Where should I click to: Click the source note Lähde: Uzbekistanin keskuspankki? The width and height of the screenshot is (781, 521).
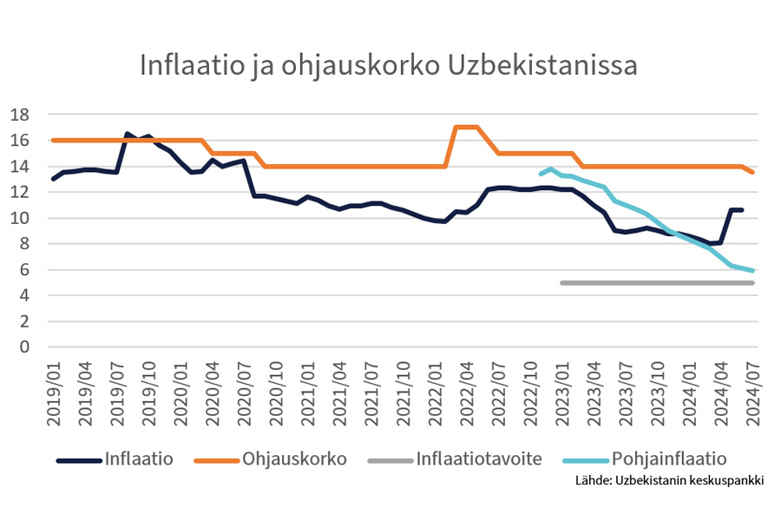pyautogui.click(x=669, y=480)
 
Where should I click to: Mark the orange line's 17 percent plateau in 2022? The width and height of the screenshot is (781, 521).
pyautogui.click(x=467, y=127)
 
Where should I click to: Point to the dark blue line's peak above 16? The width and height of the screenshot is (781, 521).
pyautogui.click(x=128, y=134)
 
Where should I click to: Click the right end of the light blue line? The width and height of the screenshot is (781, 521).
pyautogui.click(x=751, y=271)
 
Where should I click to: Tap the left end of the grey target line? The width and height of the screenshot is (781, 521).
pyautogui.click(x=562, y=283)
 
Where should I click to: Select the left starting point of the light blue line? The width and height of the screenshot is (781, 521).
pyautogui.click(x=541, y=174)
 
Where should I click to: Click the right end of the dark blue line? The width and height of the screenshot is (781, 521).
pyautogui.click(x=741, y=210)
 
